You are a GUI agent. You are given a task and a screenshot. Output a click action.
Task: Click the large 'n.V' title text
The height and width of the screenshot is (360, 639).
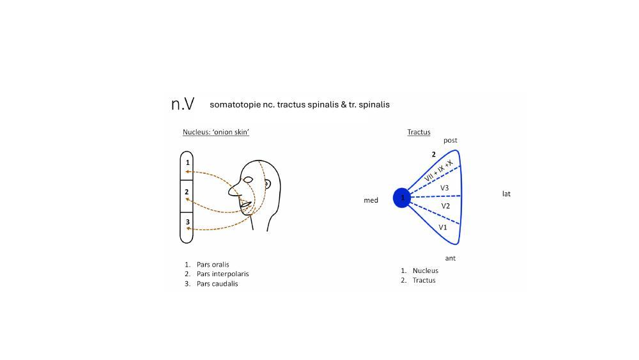point(183,104)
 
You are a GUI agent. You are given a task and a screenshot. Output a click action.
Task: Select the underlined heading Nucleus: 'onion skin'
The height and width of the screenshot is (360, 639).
point(216,132)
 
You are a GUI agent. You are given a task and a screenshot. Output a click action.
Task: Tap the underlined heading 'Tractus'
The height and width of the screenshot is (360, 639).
point(419,132)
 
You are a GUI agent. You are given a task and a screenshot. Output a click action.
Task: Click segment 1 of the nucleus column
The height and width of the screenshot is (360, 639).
point(187,165)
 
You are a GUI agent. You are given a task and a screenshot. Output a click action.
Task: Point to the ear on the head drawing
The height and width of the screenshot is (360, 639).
point(266,184)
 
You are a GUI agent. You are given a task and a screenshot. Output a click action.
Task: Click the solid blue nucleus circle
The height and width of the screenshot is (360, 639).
point(402,198)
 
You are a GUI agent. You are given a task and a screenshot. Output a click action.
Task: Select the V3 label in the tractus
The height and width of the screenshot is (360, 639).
point(444,188)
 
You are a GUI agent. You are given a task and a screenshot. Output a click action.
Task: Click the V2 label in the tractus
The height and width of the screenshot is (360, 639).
point(445,206)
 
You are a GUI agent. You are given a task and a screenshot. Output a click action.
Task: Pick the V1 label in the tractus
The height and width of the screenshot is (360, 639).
point(443,227)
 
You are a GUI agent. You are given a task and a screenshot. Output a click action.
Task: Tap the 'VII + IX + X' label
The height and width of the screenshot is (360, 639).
point(438,171)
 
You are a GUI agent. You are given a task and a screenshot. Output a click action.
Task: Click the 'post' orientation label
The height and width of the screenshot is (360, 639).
point(450,140)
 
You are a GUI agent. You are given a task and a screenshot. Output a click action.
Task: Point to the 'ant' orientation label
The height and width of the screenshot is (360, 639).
point(450,258)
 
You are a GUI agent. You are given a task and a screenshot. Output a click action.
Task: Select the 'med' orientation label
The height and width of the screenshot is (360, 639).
point(371,200)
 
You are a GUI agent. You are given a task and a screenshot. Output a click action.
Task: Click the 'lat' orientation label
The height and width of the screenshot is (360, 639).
point(506,194)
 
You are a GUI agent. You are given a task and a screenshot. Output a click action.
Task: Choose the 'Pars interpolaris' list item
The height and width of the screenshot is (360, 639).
point(222,274)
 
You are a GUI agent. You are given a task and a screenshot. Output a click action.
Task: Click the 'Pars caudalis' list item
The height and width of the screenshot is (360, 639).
point(217,284)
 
